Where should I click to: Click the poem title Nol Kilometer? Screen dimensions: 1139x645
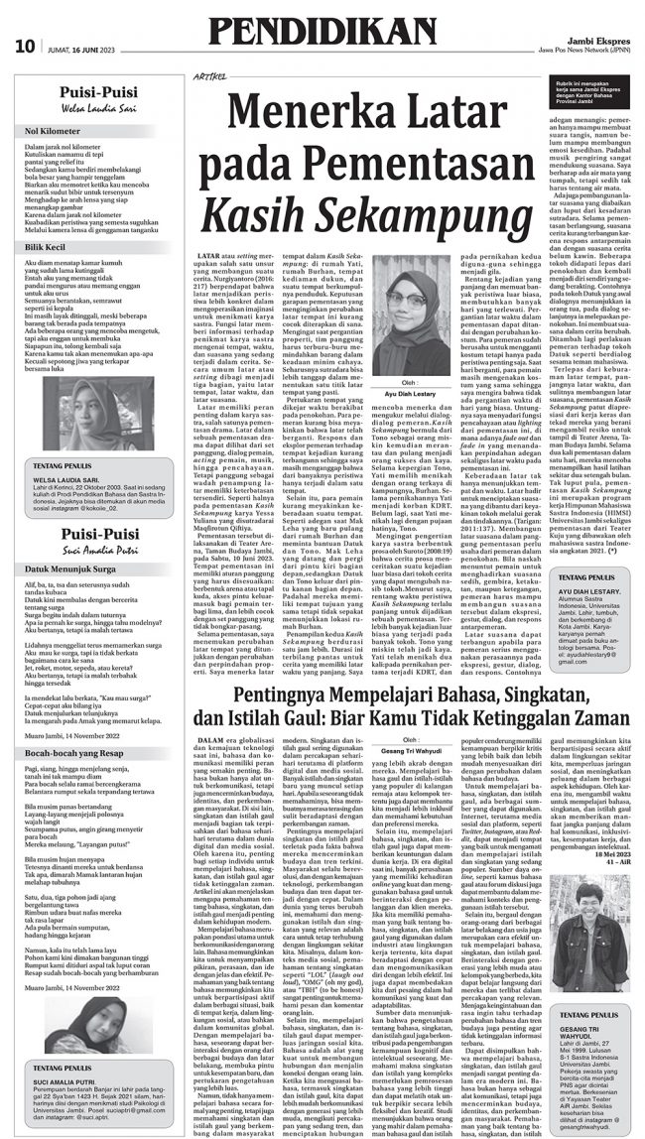pyautogui.click(x=54, y=130)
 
